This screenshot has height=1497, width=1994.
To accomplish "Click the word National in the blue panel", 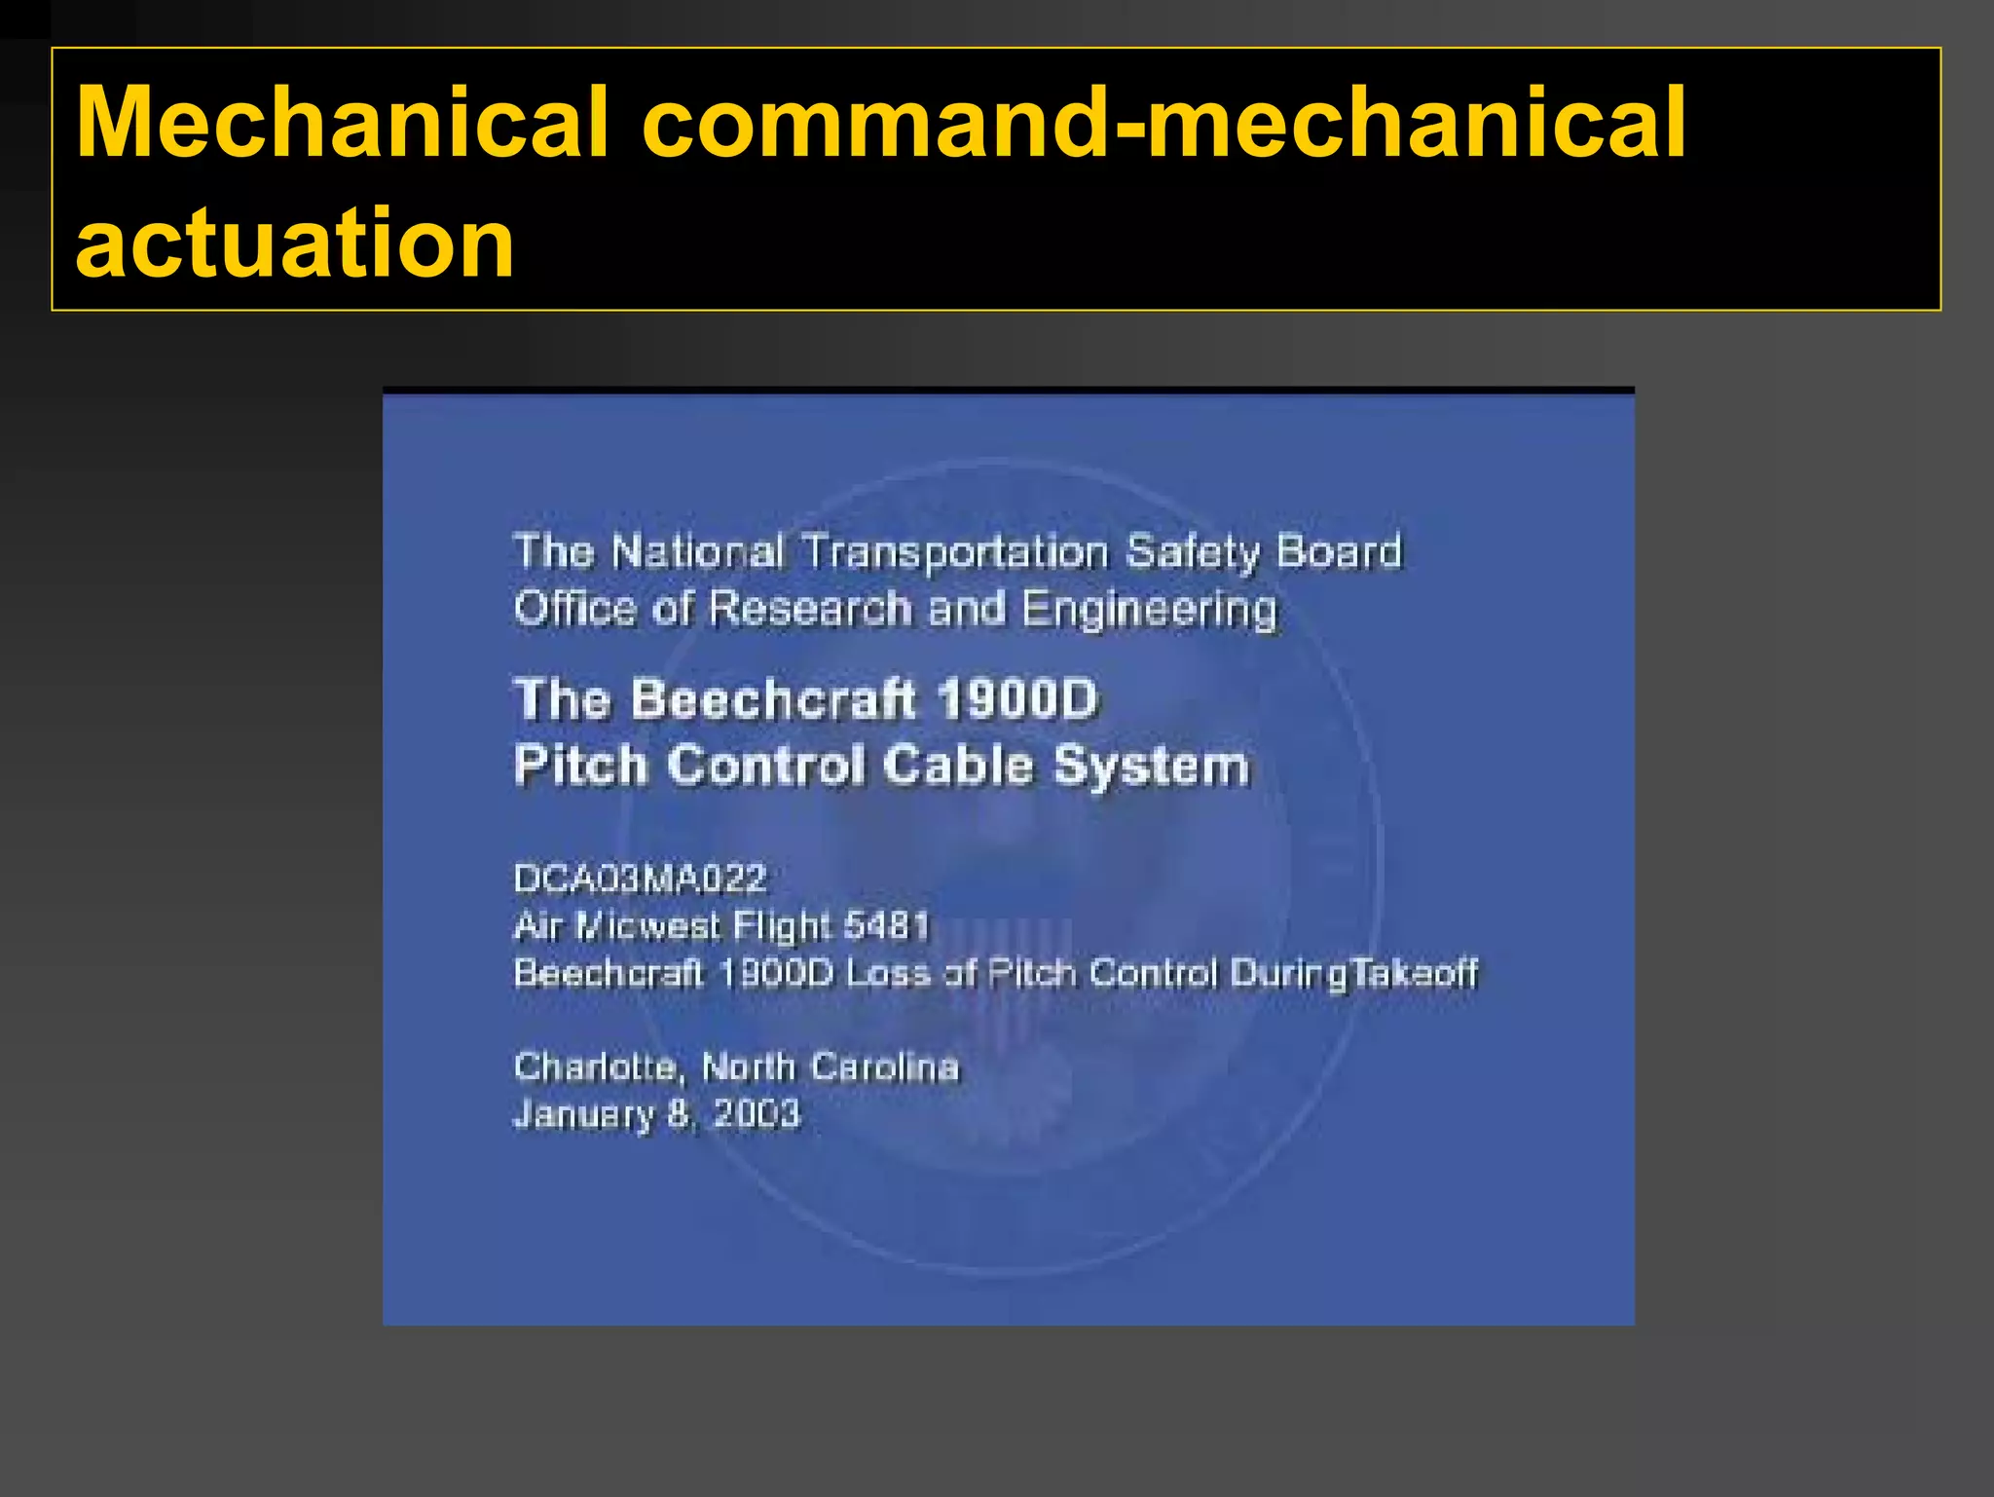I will click(697, 552).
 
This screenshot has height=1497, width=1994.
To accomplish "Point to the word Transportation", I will click(955, 553).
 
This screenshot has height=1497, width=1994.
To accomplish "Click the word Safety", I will click(1193, 553).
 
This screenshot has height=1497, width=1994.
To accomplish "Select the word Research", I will click(810, 610).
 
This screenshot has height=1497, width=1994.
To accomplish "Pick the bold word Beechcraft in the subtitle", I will click(774, 699).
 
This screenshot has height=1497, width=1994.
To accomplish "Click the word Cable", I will click(958, 765).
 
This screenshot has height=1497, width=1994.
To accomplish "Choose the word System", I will click(1152, 767).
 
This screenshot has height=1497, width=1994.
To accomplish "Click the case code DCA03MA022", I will click(641, 879).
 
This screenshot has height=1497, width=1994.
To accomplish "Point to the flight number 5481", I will click(886, 924).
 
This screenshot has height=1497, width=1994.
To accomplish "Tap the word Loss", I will click(889, 972).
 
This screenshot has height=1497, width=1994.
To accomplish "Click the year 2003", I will click(757, 1113).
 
